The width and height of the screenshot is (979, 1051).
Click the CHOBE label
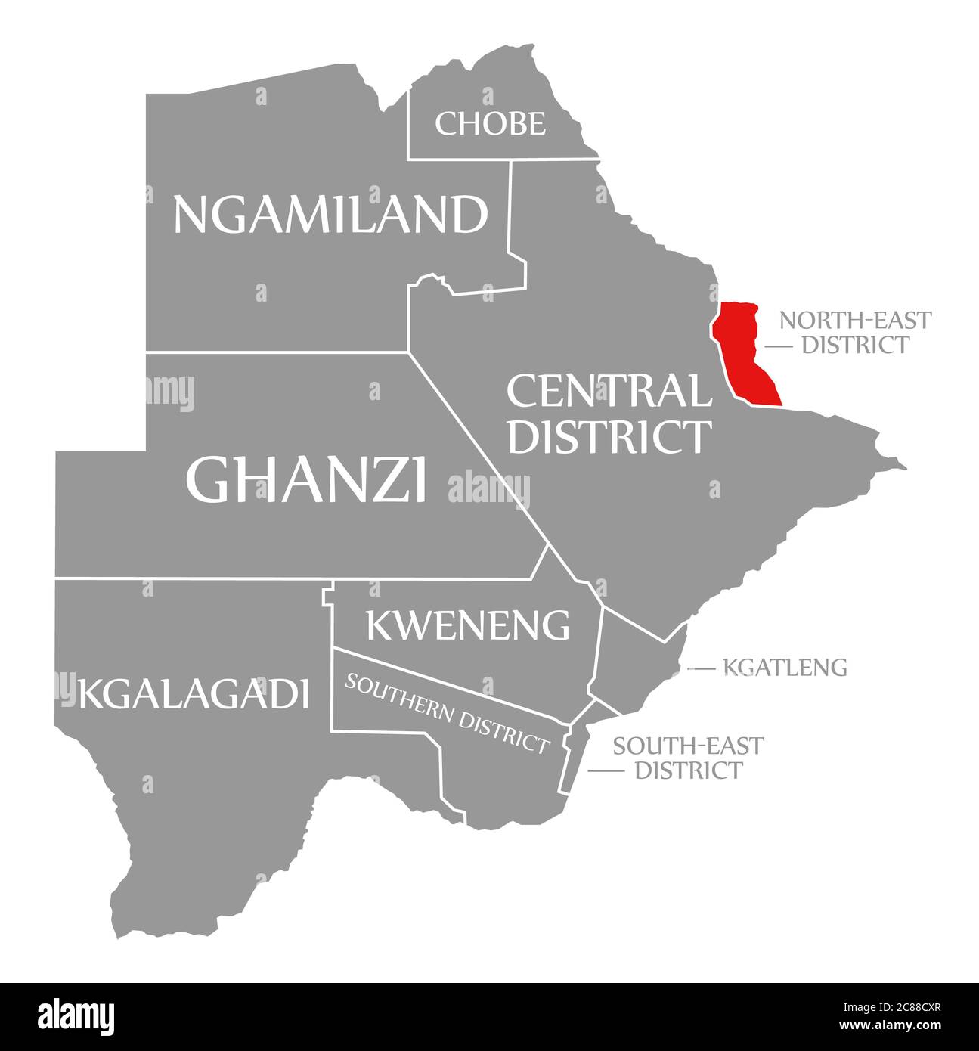pos(490,123)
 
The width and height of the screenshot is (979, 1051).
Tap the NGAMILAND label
pos(330,214)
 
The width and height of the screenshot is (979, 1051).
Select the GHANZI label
pos(306,479)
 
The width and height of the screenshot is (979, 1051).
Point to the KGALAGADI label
pos(194,693)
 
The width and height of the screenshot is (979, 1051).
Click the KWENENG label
pos(467,625)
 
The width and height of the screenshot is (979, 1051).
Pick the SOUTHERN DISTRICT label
pos(446,713)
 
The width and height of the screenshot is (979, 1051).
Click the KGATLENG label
pos(785,668)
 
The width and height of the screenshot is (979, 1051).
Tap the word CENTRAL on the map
pos(608,392)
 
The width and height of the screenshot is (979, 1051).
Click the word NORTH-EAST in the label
pos(855,321)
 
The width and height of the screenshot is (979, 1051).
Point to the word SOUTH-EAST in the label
pos(688,746)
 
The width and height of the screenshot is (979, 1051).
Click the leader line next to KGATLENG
pos(701,668)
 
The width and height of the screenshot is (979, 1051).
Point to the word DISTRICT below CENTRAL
pos(609,437)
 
